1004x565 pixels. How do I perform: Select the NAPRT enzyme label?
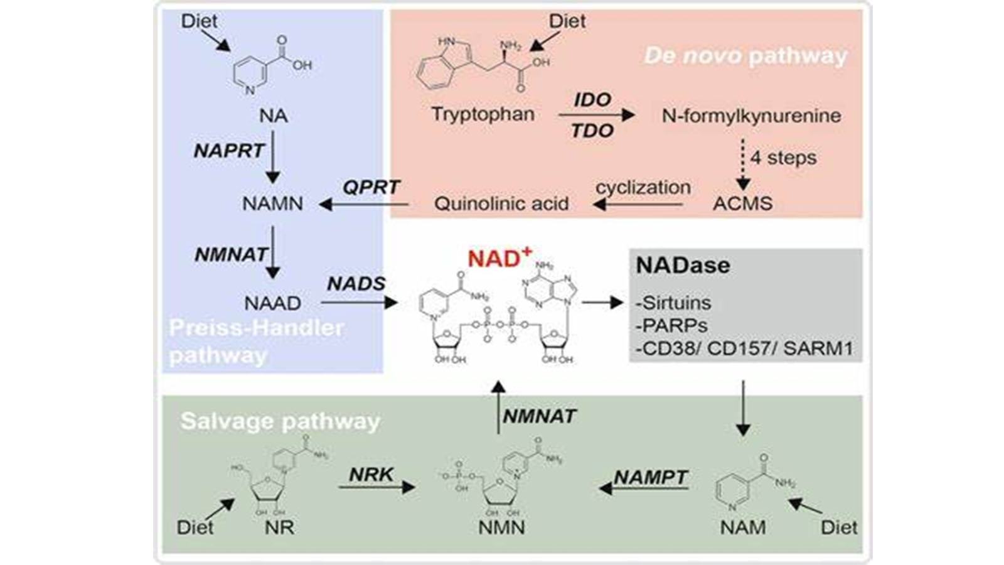228,151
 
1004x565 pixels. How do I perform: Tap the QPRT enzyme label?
371,187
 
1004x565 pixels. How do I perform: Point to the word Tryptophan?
483,114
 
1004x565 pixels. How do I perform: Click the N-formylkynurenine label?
751,116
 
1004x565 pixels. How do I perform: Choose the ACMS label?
742,203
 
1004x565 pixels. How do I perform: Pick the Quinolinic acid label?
501,203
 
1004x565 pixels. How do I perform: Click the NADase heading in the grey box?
683,266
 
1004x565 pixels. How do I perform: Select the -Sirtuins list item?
673,303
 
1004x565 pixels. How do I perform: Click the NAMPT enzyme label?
651,477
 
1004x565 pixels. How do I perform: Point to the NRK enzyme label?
371,475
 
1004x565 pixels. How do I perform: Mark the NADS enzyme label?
356,284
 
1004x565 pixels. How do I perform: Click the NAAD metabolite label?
272,303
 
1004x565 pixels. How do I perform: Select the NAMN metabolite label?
272,203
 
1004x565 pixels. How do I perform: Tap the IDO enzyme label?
592,100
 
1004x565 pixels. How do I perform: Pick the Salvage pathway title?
280,421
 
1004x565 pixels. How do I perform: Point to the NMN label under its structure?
501,527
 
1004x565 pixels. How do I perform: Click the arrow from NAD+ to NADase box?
602,303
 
